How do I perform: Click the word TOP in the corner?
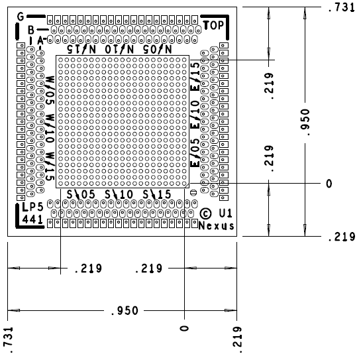click(213, 25)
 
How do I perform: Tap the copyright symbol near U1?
click(205, 213)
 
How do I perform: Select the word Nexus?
click(216, 226)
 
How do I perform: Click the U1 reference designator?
click(225, 213)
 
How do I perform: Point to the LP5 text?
click(32, 207)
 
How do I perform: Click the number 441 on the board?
click(32, 219)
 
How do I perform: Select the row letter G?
click(21, 17)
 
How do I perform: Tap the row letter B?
click(31, 30)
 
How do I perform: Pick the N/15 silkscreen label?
click(81, 49)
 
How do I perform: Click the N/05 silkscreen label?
click(157, 49)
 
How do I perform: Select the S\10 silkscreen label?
click(119, 194)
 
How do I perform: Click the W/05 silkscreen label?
click(50, 90)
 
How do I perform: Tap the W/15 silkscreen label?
click(50, 166)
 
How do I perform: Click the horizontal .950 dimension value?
click(125, 311)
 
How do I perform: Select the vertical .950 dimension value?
click(305, 123)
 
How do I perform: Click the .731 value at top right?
click(341, 7)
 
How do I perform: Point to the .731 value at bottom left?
click(8, 340)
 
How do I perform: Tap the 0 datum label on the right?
click(329, 184)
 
